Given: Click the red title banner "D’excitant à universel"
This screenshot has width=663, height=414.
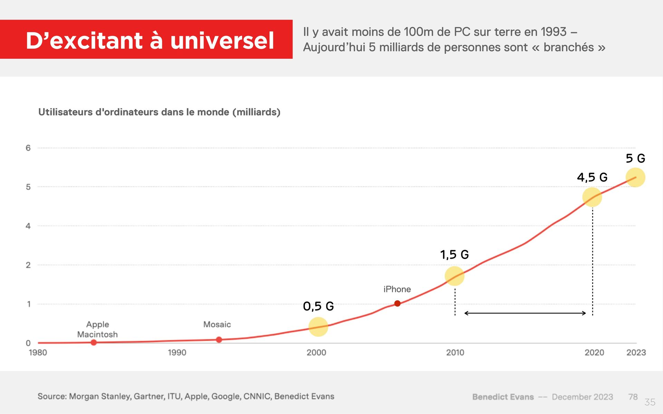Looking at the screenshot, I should pos(146,39).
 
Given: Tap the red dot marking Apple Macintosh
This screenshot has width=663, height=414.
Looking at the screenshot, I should pos(94,342).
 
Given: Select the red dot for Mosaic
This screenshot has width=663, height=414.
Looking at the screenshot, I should pos(219,339).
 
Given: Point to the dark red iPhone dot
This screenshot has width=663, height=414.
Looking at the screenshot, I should pos(397,303).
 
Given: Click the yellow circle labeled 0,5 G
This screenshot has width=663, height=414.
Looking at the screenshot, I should pos(318,327).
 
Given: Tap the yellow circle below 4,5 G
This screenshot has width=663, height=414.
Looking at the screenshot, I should pos(592,197).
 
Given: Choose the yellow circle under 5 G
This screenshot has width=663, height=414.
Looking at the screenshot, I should pos(635,177).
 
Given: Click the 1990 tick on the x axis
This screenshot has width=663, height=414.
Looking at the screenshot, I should pos(177,353).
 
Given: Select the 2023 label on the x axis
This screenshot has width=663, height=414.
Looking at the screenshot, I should pos(636,353).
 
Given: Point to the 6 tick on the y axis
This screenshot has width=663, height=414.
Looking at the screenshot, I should pos(28,148).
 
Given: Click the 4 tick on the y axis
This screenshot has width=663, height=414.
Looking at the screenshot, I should pos(28,226).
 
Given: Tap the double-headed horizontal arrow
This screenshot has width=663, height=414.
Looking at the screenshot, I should pos(525,313).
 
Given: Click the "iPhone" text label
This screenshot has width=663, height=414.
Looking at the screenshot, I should pos(397,289).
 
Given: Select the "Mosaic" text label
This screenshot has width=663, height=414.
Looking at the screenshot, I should pos(217,324).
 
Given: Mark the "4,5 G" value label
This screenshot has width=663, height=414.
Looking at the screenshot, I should pos(592,177).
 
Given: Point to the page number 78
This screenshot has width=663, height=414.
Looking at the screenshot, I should pos(633,397).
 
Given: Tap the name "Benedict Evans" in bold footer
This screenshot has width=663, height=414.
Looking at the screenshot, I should pos(503,397).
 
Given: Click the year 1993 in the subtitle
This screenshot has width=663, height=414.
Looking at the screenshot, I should pos(553,32).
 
